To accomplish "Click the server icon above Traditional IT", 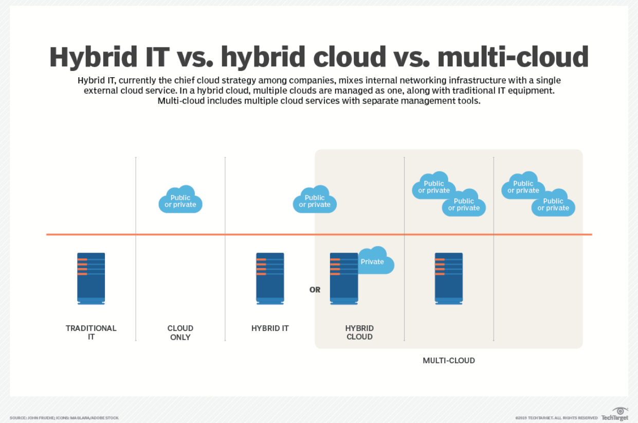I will [x=91, y=278].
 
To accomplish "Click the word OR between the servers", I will [x=315, y=290].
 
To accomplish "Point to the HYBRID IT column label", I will [x=270, y=328].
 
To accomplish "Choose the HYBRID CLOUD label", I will [x=359, y=332].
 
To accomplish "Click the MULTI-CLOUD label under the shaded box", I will [x=449, y=361].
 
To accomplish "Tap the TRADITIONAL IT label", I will [x=91, y=332].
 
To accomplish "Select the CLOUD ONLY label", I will [x=180, y=332].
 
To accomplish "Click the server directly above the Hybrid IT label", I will [x=270, y=278].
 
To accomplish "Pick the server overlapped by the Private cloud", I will [x=343, y=278].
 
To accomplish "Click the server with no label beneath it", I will [x=449, y=278].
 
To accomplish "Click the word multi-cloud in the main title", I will [x=513, y=57].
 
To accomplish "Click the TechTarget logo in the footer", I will [x=616, y=414].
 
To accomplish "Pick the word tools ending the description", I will [x=469, y=101].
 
